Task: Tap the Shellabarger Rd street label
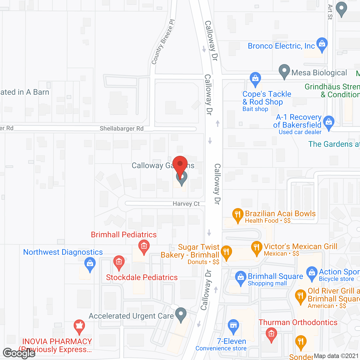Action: pos(121,129)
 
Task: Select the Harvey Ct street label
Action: pos(186,204)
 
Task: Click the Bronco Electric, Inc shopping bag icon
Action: pos(322,44)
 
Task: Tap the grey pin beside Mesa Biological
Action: pos(284,71)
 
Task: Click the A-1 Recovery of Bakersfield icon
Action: pos(328,123)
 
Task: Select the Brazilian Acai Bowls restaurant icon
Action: pos(238,215)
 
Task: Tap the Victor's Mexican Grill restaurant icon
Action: pos(256,248)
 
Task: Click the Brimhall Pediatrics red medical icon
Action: pos(144,247)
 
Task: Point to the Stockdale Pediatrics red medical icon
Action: pos(119,262)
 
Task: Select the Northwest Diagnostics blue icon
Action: pos(90,264)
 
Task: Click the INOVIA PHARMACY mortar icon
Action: pos(79,327)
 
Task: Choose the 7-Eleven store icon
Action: pos(233,326)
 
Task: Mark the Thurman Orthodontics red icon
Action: pos(271,335)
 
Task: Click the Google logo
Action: pos(19,354)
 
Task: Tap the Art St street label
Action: pos(330,12)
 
